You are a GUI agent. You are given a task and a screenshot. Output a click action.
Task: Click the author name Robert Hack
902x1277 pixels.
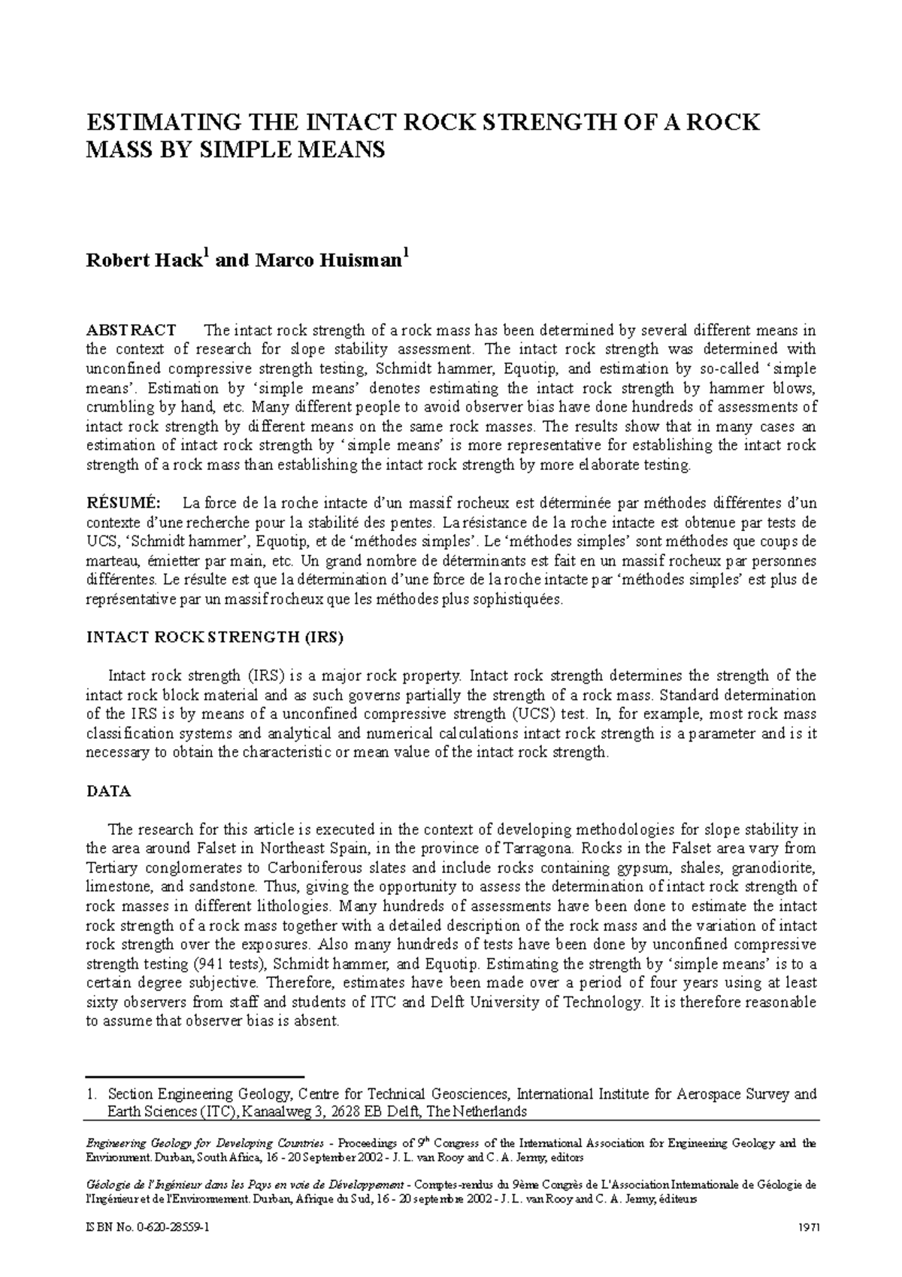144,261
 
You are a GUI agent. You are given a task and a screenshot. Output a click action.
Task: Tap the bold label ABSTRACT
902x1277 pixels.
132,330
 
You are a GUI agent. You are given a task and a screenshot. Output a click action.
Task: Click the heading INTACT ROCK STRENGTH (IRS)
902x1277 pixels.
215,637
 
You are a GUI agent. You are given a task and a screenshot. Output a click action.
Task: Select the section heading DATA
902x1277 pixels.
109,791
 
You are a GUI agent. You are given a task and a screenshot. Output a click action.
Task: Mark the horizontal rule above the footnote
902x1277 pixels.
195,1077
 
